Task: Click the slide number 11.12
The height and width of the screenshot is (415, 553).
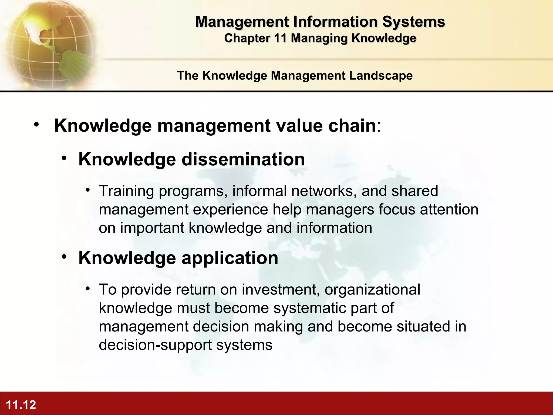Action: pyautogui.click(x=21, y=405)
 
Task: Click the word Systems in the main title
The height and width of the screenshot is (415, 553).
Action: pyautogui.click(x=413, y=22)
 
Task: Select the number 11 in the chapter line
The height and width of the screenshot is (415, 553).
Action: pyautogui.click(x=280, y=38)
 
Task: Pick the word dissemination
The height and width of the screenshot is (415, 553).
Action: pyautogui.click(x=243, y=159)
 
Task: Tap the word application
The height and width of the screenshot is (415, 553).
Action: pyautogui.click(x=230, y=258)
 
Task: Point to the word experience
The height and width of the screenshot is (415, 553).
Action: pyautogui.click(x=230, y=210)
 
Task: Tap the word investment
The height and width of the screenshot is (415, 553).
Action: pyautogui.click(x=281, y=290)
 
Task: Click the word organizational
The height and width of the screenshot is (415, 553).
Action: pyautogui.click(x=372, y=290)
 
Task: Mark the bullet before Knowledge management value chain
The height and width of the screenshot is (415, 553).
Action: pyautogui.click(x=37, y=125)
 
